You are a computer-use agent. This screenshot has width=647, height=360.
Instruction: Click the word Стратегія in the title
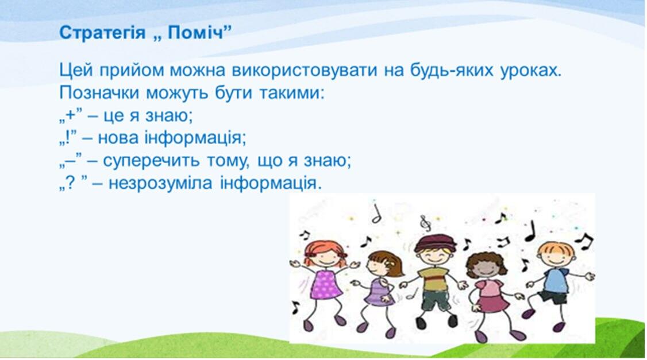pos(102,33)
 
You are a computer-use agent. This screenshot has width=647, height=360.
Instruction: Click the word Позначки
pos(98,93)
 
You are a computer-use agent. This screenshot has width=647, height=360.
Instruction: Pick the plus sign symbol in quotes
pos(71,115)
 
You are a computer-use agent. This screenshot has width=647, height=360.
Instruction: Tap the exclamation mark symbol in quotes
pos(67,137)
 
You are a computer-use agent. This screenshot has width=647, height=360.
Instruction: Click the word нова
pos(118,138)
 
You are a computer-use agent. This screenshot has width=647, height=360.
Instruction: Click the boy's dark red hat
pos(436,243)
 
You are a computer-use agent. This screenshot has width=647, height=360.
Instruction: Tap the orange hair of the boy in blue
pos(556,249)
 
